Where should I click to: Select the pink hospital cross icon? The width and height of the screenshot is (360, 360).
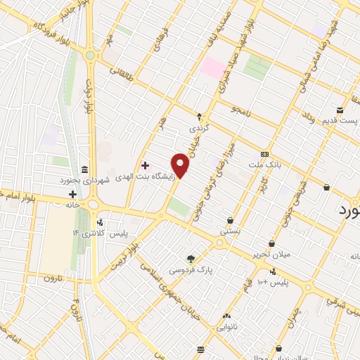145,166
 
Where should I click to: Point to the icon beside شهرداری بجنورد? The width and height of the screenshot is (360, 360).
84,169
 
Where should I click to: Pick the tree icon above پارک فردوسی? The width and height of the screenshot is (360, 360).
189,259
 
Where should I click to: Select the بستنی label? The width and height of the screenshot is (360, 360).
231,231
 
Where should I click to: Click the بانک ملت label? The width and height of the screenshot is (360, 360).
264,165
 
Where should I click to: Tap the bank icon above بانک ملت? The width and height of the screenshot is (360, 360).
264,154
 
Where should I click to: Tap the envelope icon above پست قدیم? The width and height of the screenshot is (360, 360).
340,110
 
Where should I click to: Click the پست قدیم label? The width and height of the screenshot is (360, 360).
340,120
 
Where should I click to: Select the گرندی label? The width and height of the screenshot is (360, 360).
199,129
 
